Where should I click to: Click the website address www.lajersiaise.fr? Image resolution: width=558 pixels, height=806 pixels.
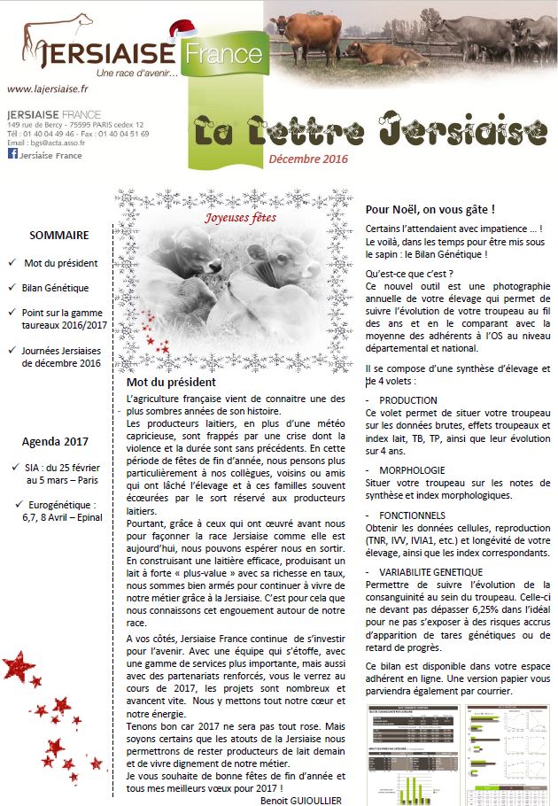47,89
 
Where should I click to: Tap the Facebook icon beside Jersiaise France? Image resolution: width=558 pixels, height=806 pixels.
12,154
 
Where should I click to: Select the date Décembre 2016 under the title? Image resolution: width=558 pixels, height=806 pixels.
308,159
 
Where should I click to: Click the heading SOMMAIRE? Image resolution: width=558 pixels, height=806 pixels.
58,236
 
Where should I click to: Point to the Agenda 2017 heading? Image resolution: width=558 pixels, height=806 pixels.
57,442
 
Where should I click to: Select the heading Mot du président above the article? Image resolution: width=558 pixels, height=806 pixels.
170,382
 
